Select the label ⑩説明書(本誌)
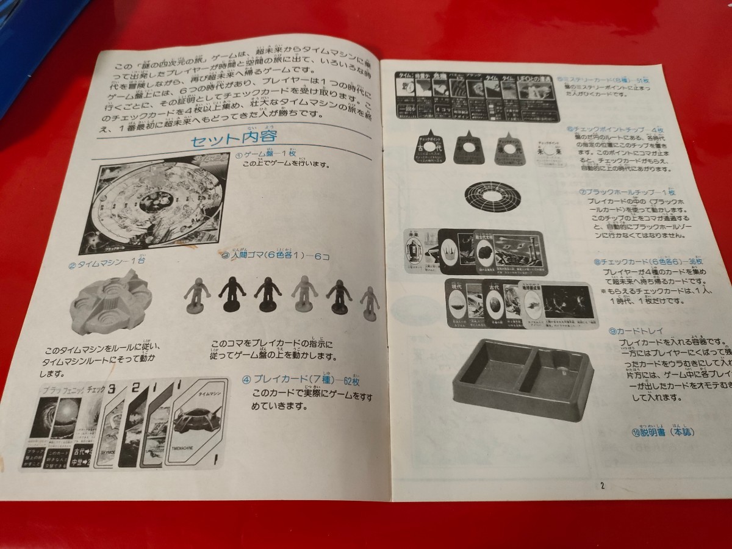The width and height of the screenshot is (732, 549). click(664, 432)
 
